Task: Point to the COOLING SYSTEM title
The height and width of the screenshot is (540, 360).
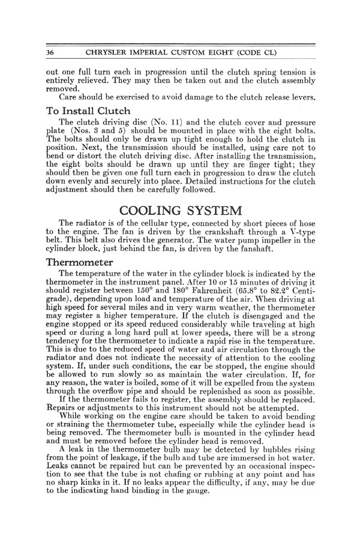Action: (180, 211)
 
